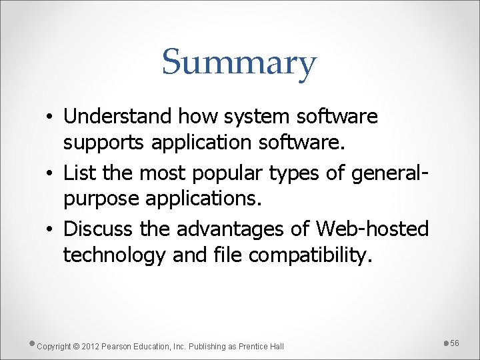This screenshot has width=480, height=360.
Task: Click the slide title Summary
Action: [x=239, y=63]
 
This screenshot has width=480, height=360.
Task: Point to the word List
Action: [x=79, y=173]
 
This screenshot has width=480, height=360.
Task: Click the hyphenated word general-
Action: [x=389, y=173]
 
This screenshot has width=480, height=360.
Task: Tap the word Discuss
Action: [x=99, y=229]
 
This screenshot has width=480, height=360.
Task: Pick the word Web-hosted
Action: [x=373, y=229]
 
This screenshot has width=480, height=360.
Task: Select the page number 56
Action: [x=455, y=343]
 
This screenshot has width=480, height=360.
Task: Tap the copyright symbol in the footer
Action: [x=76, y=346]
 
